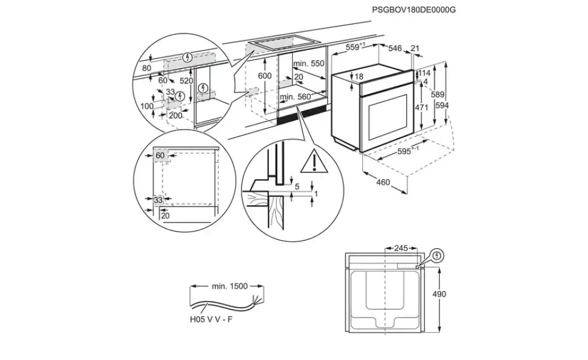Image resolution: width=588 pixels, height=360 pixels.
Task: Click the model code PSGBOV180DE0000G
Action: click(x=413, y=10)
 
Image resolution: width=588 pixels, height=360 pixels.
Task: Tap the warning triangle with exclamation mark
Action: click(x=314, y=161)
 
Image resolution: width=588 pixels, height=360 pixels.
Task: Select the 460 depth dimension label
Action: click(x=383, y=182)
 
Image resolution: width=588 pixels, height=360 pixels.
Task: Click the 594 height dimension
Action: click(x=442, y=106)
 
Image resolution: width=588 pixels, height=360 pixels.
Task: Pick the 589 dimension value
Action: click(x=437, y=95)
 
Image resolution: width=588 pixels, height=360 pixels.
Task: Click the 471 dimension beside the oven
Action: click(x=421, y=107)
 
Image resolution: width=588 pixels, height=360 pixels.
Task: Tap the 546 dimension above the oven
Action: click(x=395, y=48)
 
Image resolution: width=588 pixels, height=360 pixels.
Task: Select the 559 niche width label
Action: click(x=355, y=47)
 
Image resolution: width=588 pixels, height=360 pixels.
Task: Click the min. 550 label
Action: click(x=308, y=64)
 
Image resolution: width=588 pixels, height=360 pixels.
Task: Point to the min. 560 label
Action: click(x=295, y=97)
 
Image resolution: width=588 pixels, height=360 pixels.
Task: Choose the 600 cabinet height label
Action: click(x=265, y=76)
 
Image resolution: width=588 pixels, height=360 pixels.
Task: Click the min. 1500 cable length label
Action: click(x=230, y=286)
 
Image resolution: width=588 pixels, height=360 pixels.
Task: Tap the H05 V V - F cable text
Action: click(x=211, y=319)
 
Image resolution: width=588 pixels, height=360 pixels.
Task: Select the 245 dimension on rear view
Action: click(x=401, y=248)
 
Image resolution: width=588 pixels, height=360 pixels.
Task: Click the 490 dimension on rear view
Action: click(x=439, y=294)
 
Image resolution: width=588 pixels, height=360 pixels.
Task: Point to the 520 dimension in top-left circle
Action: click(x=187, y=81)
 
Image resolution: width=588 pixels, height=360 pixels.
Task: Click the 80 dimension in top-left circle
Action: click(x=146, y=68)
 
